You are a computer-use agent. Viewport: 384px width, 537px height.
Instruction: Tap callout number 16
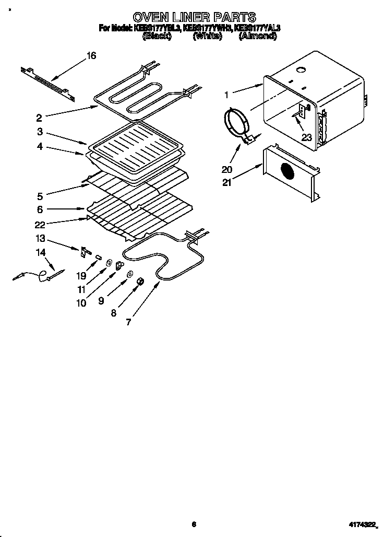coord(91,55)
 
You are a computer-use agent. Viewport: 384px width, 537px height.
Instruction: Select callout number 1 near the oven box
coord(226,95)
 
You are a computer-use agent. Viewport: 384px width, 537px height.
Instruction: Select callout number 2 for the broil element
coord(39,118)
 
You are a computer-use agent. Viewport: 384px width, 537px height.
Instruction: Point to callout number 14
coord(40,252)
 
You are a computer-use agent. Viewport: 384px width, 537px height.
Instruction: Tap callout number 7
coord(128,322)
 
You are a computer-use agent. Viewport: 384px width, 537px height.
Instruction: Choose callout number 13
coord(40,239)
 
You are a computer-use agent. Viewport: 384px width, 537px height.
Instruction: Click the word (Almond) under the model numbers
coord(257,37)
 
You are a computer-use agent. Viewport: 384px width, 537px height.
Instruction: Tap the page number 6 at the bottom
coord(193,524)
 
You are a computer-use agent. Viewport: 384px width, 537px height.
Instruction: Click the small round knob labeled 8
coord(140,282)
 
